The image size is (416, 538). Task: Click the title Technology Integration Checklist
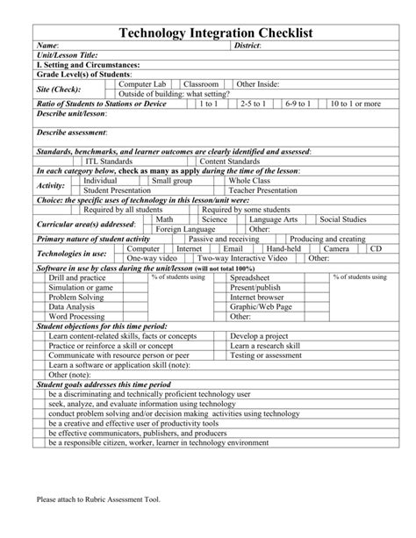(x=208, y=32)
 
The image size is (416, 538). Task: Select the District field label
(x=249, y=45)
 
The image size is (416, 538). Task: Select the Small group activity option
(x=171, y=180)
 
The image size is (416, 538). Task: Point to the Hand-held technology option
(x=284, y=249)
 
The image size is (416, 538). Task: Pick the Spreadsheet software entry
(x=250, y=277)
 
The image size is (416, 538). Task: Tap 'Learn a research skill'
(x=268, y=346)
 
